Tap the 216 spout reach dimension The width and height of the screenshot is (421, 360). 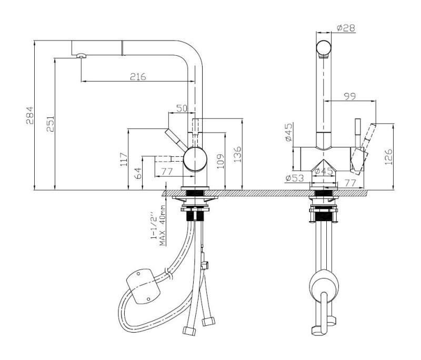point(138,76)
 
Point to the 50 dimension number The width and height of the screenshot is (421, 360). point(182,108)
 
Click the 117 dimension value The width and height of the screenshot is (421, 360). point(124,159)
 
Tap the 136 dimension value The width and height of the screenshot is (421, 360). point(237,154)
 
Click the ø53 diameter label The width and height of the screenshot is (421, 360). point(296,178)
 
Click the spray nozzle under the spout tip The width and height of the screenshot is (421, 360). point(80,56)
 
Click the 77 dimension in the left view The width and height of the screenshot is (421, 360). point(167,171)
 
